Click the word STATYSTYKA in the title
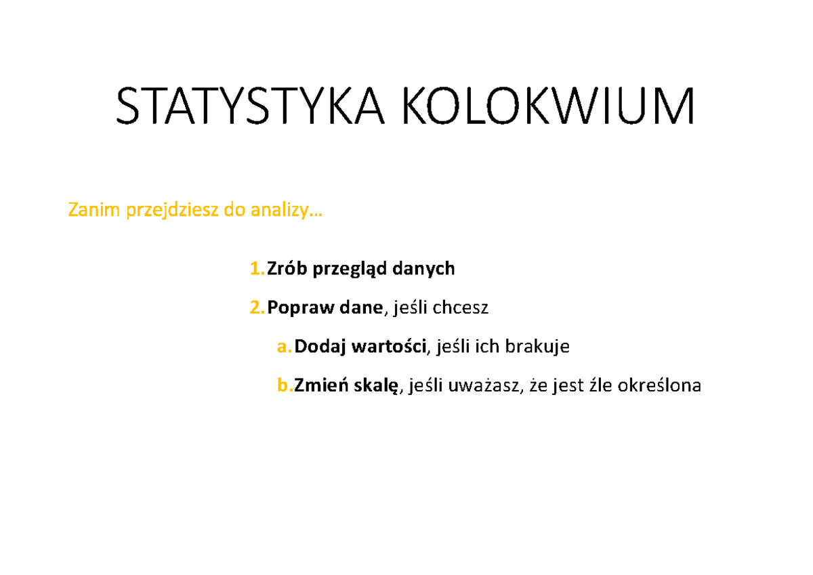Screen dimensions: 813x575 [250, 106]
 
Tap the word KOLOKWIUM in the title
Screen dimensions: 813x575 [548, 106]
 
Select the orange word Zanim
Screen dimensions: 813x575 [93, 210]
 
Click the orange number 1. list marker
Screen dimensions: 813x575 [257, 268]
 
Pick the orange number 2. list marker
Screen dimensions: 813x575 [257, 307]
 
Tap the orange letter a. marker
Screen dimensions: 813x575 [284, 347]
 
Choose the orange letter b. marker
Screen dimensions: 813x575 [285, 385]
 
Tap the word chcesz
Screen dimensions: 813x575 [460, 307]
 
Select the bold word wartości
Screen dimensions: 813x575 [389, 346]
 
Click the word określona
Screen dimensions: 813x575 [659, 385]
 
